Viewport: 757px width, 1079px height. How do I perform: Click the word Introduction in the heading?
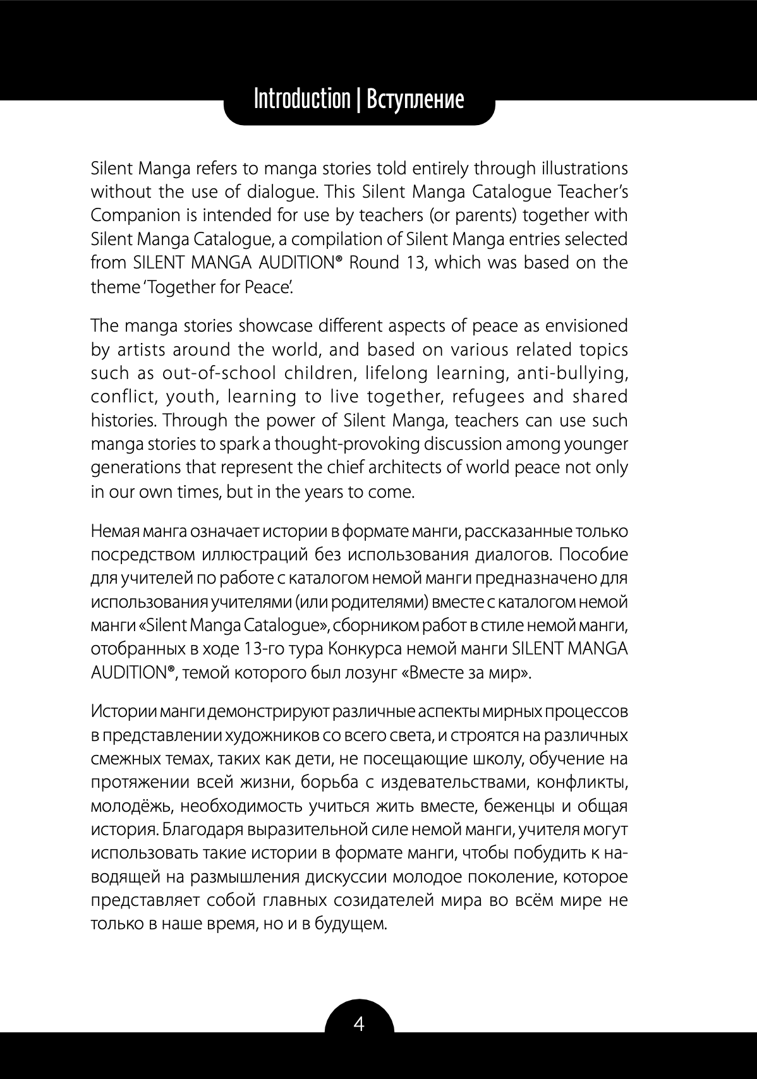point(301,99)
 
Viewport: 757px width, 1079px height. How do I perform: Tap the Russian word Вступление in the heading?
point(415,99)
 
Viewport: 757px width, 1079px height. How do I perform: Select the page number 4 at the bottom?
point(359,1023)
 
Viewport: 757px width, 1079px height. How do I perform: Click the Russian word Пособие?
point(593,555)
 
